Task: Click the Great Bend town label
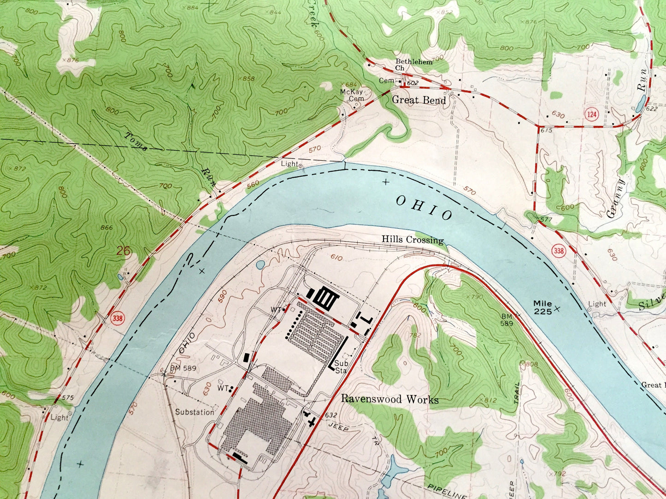coord(418,100)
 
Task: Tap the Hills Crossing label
coord(412,240)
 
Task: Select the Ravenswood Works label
coord(389,399)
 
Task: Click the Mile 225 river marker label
coord(542,308)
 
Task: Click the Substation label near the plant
coord(194,412)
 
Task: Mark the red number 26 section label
coord(124,251)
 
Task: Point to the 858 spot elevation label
coord(248,79)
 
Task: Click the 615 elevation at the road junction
coord(546,131)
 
